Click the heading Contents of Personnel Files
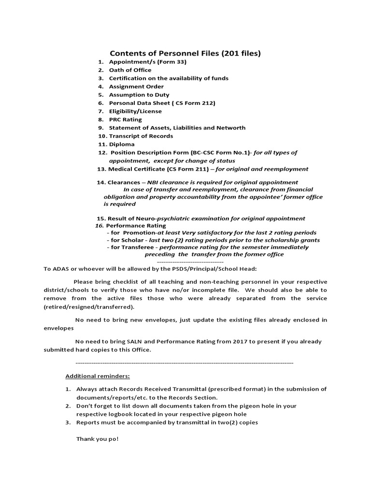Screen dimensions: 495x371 [x=185, y=53]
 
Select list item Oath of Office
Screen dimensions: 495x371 [x=130, y=70]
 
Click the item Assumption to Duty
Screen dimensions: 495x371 [x=139, y=95]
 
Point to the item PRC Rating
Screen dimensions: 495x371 [x=125, y=119]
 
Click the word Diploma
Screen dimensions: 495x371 [x=122, y=144]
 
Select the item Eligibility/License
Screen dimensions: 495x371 [x=135, y=111]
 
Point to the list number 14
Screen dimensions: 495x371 [x=100, y=182]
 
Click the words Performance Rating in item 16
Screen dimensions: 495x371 [x=136, y=225]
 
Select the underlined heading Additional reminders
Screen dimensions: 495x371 [x=98, y=376]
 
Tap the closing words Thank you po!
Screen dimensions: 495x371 [x=97, y=438]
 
